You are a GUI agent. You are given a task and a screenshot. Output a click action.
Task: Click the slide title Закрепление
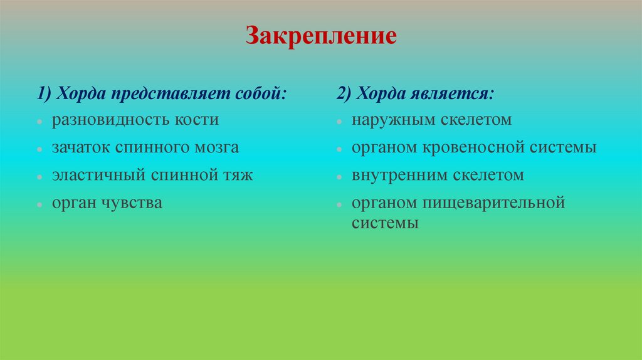320,35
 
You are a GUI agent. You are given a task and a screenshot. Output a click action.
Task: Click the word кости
199,120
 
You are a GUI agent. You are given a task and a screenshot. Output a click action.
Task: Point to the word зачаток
81,148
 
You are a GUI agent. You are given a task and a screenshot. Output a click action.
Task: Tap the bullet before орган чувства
39,204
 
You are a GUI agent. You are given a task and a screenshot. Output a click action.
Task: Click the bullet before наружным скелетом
339,121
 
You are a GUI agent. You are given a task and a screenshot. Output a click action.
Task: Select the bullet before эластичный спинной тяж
39,177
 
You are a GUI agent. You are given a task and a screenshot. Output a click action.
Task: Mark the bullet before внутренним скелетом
339,177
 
